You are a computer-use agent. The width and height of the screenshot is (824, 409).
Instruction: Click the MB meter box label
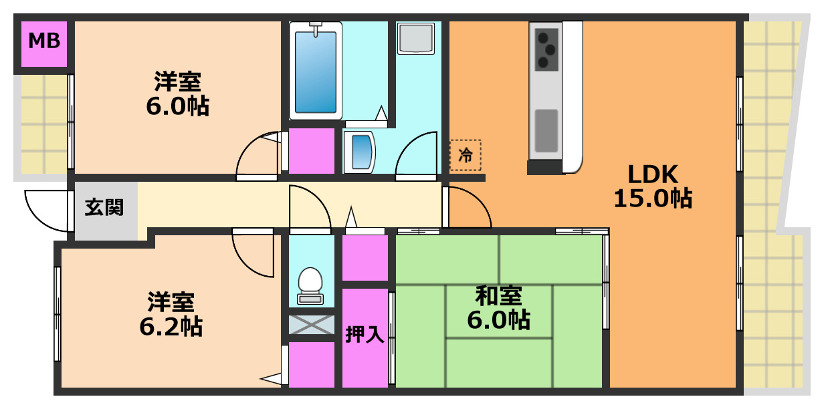pyautogui.click(x=44, y=41)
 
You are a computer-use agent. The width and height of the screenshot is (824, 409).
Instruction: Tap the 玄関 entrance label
pyautogui.click(x=104, y=208)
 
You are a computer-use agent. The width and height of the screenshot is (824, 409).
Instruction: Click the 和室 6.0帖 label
pyautogui.click(x=498, y=307)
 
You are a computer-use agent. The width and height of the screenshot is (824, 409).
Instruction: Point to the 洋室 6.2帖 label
pyautogui.click(x=171, y=314)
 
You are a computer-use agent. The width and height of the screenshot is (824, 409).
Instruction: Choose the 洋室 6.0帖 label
pyautogui.click(x=177, y=94)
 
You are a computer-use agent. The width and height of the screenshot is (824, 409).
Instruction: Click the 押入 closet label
pyautogui.click(x=365, y=334)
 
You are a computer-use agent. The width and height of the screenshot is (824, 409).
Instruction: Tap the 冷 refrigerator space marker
pyautogui.click(x=465, y=156)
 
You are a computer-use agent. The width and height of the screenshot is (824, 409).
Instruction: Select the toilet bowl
pyautogui.click(x=310, y=282)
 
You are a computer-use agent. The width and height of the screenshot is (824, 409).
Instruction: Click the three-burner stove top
pyautogui.click(x=546, y=49)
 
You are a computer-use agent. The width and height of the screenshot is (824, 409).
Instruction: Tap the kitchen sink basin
pyautogui.click(x=546, y=130)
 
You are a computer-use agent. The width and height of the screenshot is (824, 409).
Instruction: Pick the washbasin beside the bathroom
pyautogui.click(x=360, y=151)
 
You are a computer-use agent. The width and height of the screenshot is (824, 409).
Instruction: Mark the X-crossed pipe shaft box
pyautogui.click(x=311, y=325)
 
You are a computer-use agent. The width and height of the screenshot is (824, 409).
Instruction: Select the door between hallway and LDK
pyautogui.click(x=466, y=207)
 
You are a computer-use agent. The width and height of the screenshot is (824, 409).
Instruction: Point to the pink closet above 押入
pyautogui.click(x=365, y=258)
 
